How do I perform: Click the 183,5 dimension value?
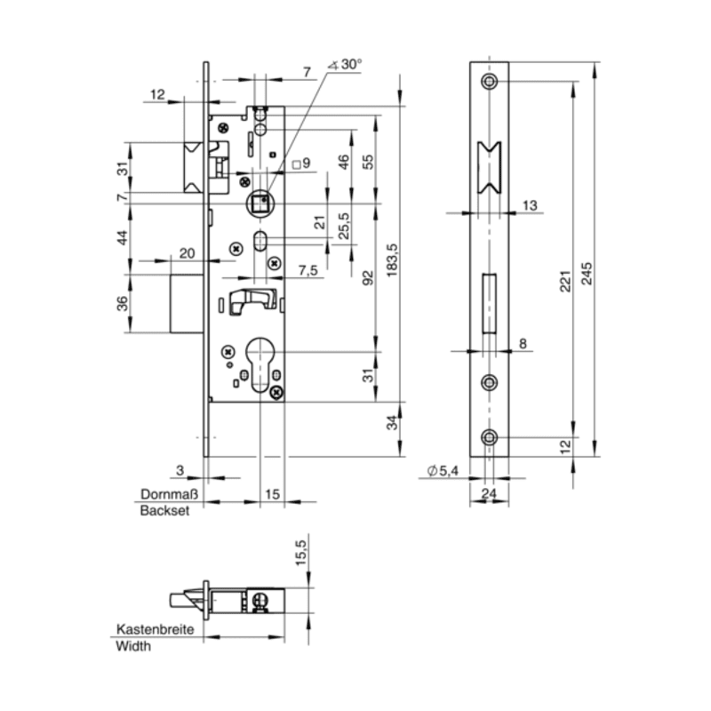click(x=392, y=260)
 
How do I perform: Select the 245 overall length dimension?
click(x=587, y=273)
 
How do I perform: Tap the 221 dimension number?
click(x=564, y=281)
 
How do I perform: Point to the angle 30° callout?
click(x=345, y=65)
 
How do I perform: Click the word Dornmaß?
click(x=170, y=494)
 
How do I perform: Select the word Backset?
click(x=164, y=510)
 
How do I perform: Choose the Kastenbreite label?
click(x=155, y=629)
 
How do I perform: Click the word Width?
click(x=133, y=646)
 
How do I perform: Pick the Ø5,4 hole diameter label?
click(x=443, y=471)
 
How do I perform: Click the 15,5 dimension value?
click(x=301, y=552)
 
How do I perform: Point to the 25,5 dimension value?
click(x=344, y=226)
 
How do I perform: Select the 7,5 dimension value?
click(x=308, y=271)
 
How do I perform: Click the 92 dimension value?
click(x=368, y=277)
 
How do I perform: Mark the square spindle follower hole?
click(x=260, y=204)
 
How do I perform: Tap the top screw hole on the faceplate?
click(x=490, y=82)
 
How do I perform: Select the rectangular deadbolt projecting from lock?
click(x=187, y=303)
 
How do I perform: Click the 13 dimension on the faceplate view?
click(x=529, y=206)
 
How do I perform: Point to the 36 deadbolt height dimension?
click(x=123, y=303)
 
